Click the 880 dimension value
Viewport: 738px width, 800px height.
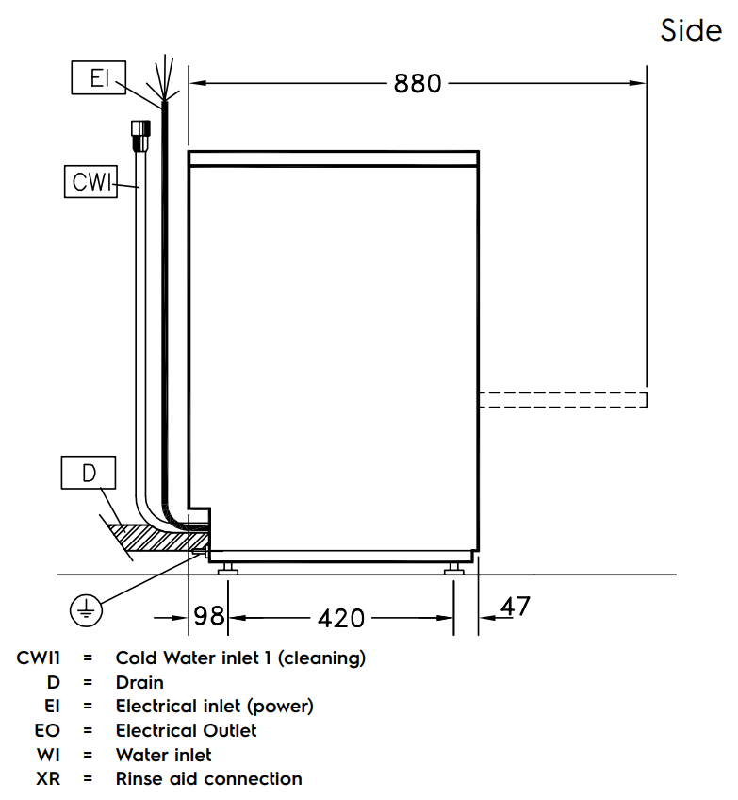[x=417, y=84]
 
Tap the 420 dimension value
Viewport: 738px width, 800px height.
[x=341, y=618]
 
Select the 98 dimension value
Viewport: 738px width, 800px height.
[x=209, y=616]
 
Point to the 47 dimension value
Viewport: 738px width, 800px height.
[x=516, y=607]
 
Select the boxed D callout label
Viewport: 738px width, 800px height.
[x=89, y=473]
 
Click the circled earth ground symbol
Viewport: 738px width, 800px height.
[x=86, y=611]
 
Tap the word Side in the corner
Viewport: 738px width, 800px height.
[x=691, y=30]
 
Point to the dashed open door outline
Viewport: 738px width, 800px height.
[x=562, y=399]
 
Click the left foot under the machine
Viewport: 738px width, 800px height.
[x=228, y=568]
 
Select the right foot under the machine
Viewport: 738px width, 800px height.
[x=455, y=568]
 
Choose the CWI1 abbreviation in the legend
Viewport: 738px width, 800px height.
[x=39, y=658]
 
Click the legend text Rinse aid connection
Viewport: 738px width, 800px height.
[x=208, y=779]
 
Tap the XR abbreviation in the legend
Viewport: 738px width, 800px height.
[x=48, y=779]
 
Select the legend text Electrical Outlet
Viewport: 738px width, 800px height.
[x=186, y=730]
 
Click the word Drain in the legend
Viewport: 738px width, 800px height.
[x=139, y=682]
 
